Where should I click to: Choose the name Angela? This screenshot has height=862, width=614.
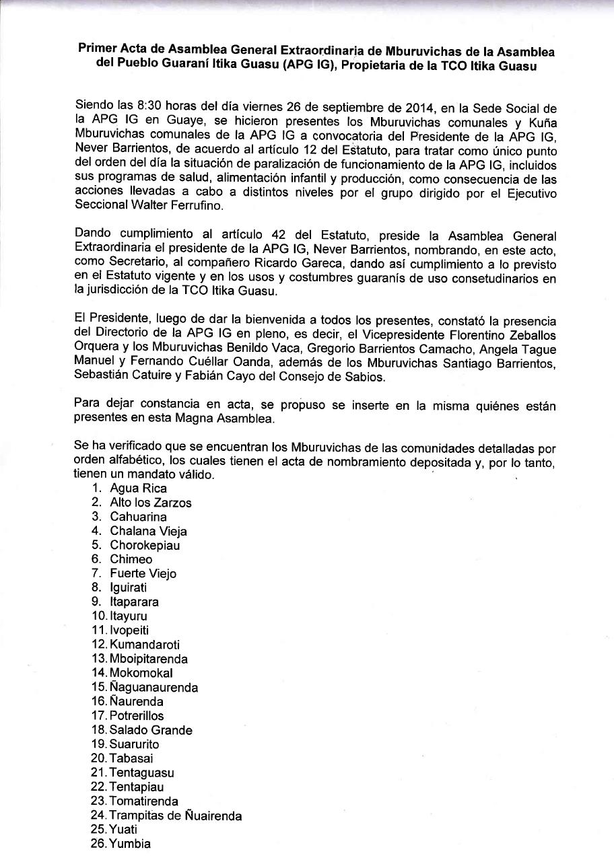tap(511, 349)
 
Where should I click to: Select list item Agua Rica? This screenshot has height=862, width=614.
tap(139, 489)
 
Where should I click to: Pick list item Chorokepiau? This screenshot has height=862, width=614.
tap(145, 545)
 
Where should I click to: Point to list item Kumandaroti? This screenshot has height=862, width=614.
tap(144, 644)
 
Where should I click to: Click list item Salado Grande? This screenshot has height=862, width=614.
tap(151, 729)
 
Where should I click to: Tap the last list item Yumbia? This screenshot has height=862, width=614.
tap(130, 843)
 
